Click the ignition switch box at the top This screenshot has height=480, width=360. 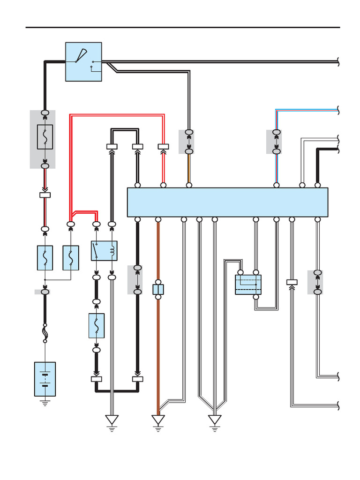pyautogui.click(x=83, y=61)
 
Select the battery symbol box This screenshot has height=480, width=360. pyautogui.click(x=45, y=379)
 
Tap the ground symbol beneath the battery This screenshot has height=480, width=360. pyautogui.click(x=45, y=402)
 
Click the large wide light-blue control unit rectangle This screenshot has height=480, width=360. pyautogui.click(x=227, y=202)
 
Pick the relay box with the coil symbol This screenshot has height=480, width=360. pyautogui.click(x=104, y=250)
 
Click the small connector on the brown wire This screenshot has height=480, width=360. pyautogui.click(x=158, y=289)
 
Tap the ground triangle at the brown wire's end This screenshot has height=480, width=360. pyautogui.click(x=158, y=420)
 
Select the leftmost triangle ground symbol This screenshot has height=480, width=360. pyautogui.click(x=112, y=420)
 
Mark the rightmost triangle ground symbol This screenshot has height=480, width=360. pyautogui.click(x=215, y=420)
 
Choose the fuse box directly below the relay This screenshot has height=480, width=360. pyautogui.click(x=97, y=325)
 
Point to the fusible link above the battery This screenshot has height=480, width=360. pyautogui.click(x=45, y=333)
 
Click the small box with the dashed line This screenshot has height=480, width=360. pyautogui.click(x=248, y=285)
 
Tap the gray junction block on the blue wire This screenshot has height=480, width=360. pyautogui.click(x=276, y=142)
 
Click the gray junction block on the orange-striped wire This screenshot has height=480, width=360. pyautogui.click(x=189, y=142)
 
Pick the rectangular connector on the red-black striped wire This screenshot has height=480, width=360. pyautogui.click(x=45, y=195)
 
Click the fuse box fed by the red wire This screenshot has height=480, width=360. pyautogui.click(x=71, y=257)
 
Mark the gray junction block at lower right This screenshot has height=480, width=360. pyautogui.click(x=317, y=282)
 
